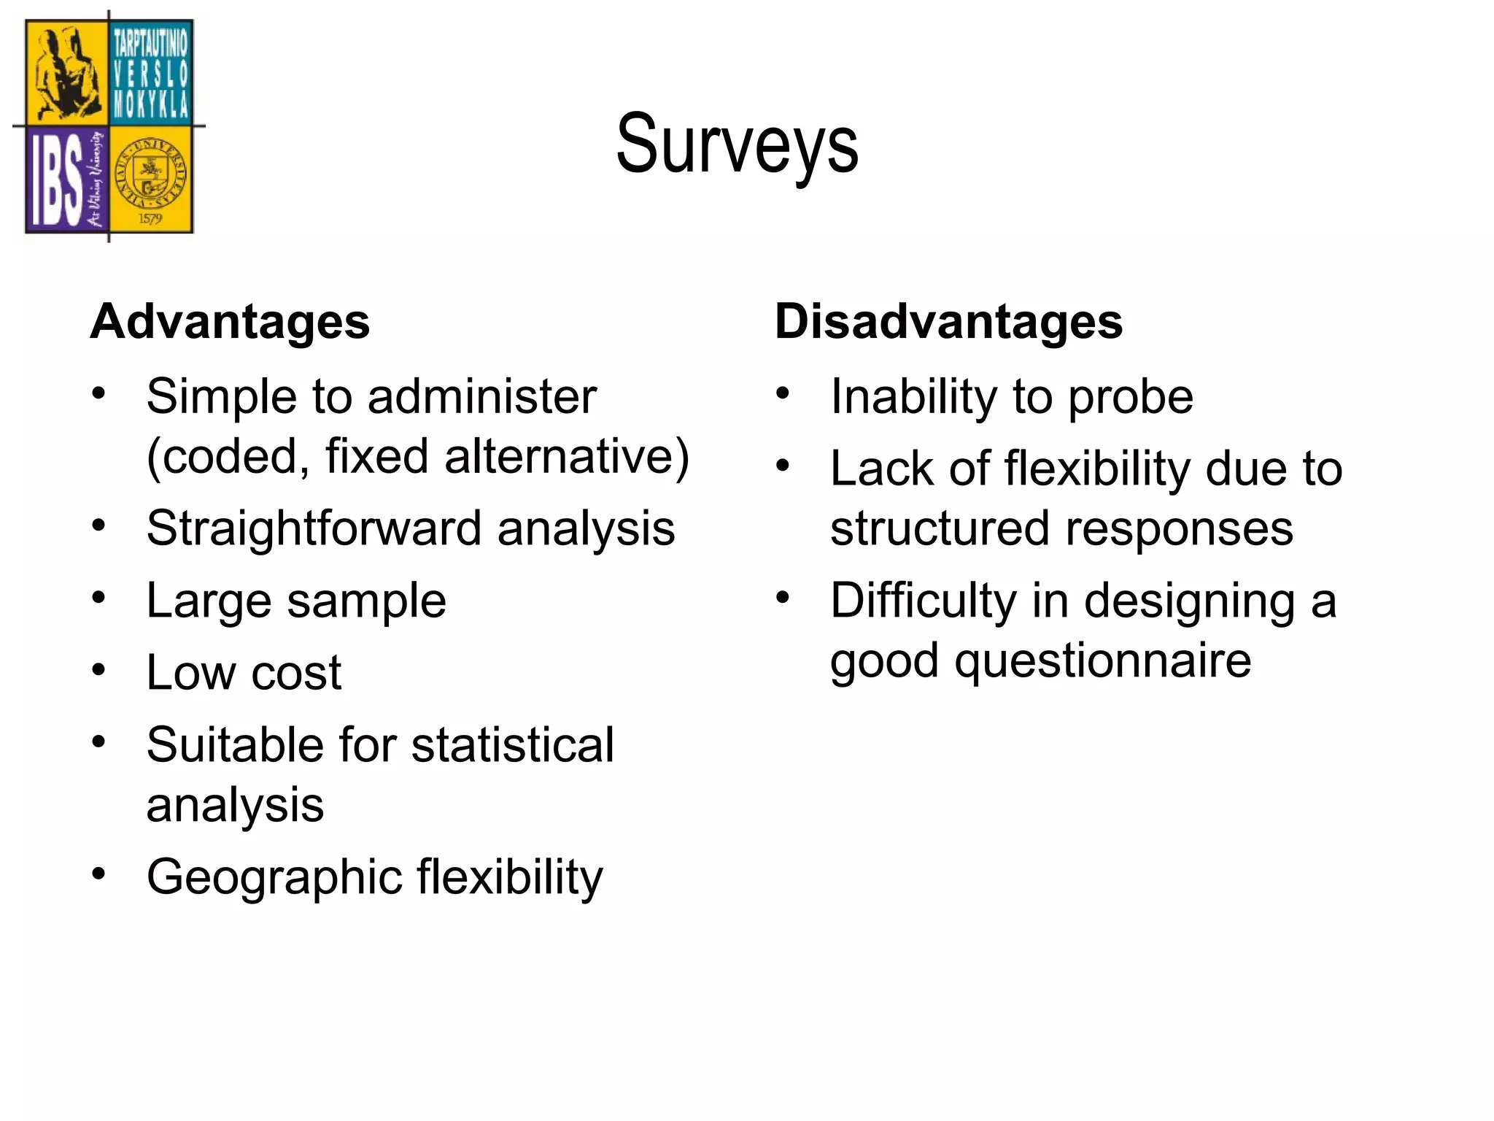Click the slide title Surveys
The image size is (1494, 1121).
737,145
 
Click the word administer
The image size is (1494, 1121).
482,398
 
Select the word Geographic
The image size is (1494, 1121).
274,877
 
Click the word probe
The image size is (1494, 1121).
1130,398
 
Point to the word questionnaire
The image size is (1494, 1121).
1103,661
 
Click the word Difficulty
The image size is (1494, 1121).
923,603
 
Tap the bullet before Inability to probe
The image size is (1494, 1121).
783,393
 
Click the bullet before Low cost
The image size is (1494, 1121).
99,669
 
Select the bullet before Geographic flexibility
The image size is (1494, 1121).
99,873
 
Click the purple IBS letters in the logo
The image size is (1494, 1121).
57,182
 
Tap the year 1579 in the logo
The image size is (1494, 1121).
150,218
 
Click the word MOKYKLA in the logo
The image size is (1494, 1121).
151,105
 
